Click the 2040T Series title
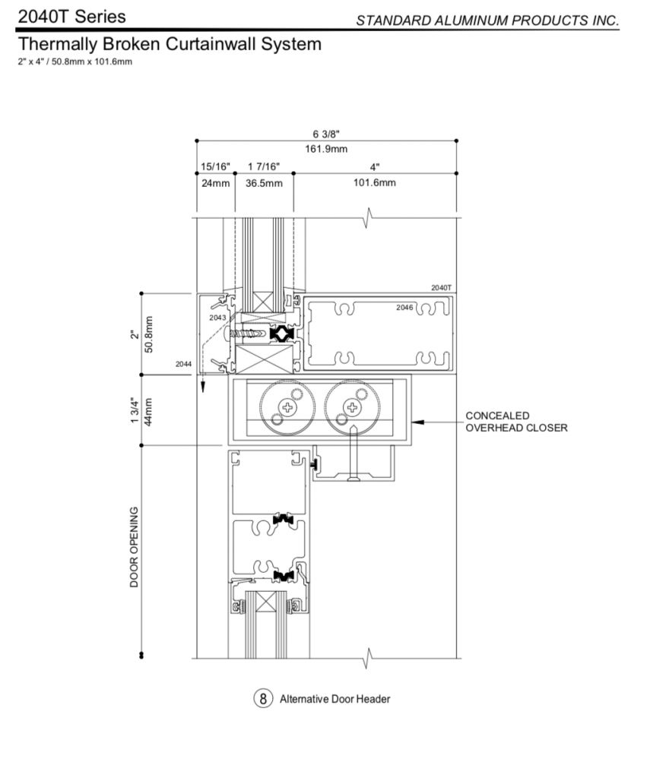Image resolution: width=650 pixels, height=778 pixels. pyautogui.click(x=72, y=17)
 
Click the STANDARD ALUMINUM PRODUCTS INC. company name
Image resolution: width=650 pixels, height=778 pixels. pyautogui.click(x=487, y=21)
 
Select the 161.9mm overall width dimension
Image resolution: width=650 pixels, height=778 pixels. pyautogui.click(x=326, y=149)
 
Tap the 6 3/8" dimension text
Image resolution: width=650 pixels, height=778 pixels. pyautogui.click(x=326, y=134)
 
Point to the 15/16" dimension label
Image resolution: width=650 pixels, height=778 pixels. pyautogui.click(x=215, y=166)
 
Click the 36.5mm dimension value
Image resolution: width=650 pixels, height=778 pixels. pyautogui.click(x=264, y=183)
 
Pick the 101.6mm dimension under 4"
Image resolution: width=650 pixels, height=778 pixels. pyautogui.click(x=374, y=182)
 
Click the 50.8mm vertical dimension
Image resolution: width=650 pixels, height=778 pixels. pyautogui.click(x=148, y=334)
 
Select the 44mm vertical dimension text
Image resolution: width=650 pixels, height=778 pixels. pyautogui.click(x=148, y=411)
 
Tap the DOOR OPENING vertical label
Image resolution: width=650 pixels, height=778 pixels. pyautogui.click(x=134, y=547)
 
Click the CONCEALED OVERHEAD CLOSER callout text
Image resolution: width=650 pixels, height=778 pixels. pyautogui.click(x=516, y=422)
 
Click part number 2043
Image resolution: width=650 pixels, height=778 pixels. pyautogui.click(x=217, y=318)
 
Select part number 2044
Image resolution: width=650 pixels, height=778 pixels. pyautogui.click(x=183, y=364)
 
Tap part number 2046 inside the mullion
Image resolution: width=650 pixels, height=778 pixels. pyautogui.click(x=404, y=308)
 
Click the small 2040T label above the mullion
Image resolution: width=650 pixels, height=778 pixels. pyautogui.click(x=442, y=288)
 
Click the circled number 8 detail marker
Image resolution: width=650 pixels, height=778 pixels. pyautogui.click(x=263, y=699)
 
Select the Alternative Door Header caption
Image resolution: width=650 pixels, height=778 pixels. pyautogui.click(x=335, y=699)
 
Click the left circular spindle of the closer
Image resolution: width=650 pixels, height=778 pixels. pyautogui.click(x=287, y=408)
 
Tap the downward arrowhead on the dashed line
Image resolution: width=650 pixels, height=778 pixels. pyautogui.click(x=202, y=387)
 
